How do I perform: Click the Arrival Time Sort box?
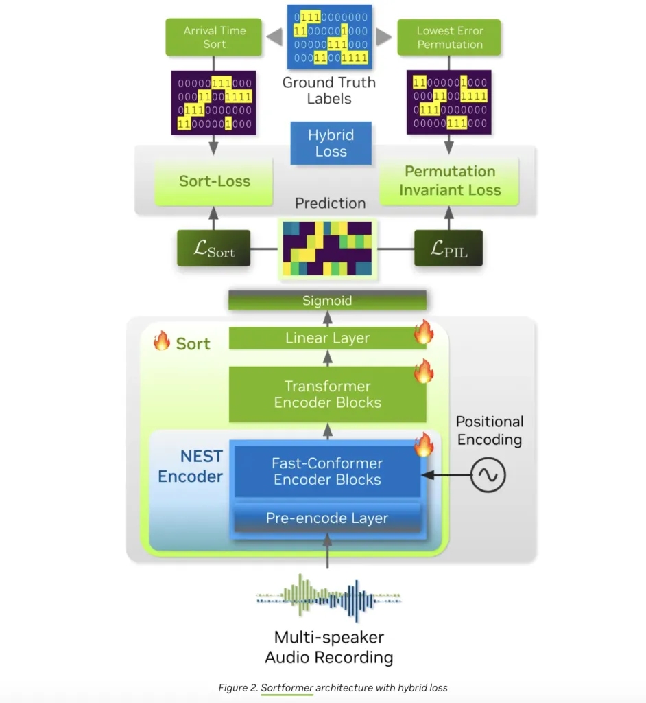[214, 38]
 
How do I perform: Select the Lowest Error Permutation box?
[449, 38]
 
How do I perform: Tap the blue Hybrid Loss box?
[331, 143]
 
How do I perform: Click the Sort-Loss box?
[214, 181]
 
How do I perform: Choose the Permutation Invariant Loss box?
[450, 181]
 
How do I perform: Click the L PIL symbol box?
[448, 249]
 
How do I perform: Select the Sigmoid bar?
[327, 301]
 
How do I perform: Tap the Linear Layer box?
[327, 338]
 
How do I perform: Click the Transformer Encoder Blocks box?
[327, 394]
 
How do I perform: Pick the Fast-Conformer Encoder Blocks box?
[327, 471]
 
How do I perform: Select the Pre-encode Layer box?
[327, 518]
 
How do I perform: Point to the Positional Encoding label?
[490, 430]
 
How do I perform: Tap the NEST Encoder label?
[191, 467]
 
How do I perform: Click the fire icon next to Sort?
[162, 341]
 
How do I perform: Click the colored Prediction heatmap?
[326, 247]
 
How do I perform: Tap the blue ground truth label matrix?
[328, 37]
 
